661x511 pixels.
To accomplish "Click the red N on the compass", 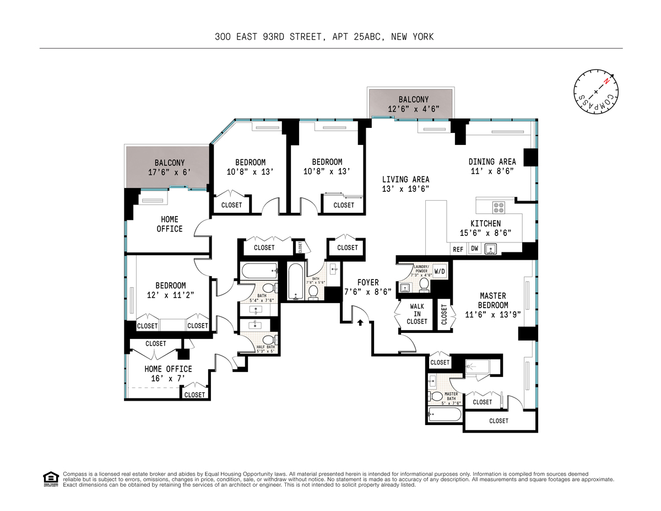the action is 606,81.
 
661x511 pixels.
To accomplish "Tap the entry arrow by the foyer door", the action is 360,322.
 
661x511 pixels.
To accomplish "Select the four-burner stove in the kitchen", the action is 499,208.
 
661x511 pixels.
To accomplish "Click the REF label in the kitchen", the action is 458,250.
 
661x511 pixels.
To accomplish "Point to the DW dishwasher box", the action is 474,249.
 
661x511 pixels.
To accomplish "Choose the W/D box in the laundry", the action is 440,271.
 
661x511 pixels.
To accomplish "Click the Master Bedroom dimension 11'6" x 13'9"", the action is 493,314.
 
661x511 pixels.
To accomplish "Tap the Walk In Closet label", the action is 417,314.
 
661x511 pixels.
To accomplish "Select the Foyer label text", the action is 368,282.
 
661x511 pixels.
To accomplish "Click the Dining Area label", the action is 492,162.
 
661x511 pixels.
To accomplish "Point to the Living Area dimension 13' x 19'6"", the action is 405,189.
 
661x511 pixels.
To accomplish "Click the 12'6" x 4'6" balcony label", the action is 413,109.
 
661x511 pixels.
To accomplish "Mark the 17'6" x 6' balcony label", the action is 169,172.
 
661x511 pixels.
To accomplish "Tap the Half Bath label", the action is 266,347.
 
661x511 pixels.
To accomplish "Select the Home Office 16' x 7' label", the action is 168,373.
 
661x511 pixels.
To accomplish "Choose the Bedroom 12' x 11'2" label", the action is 170,290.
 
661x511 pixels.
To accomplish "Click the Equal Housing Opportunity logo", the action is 51,479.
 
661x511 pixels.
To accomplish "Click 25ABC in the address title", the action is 367,37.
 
